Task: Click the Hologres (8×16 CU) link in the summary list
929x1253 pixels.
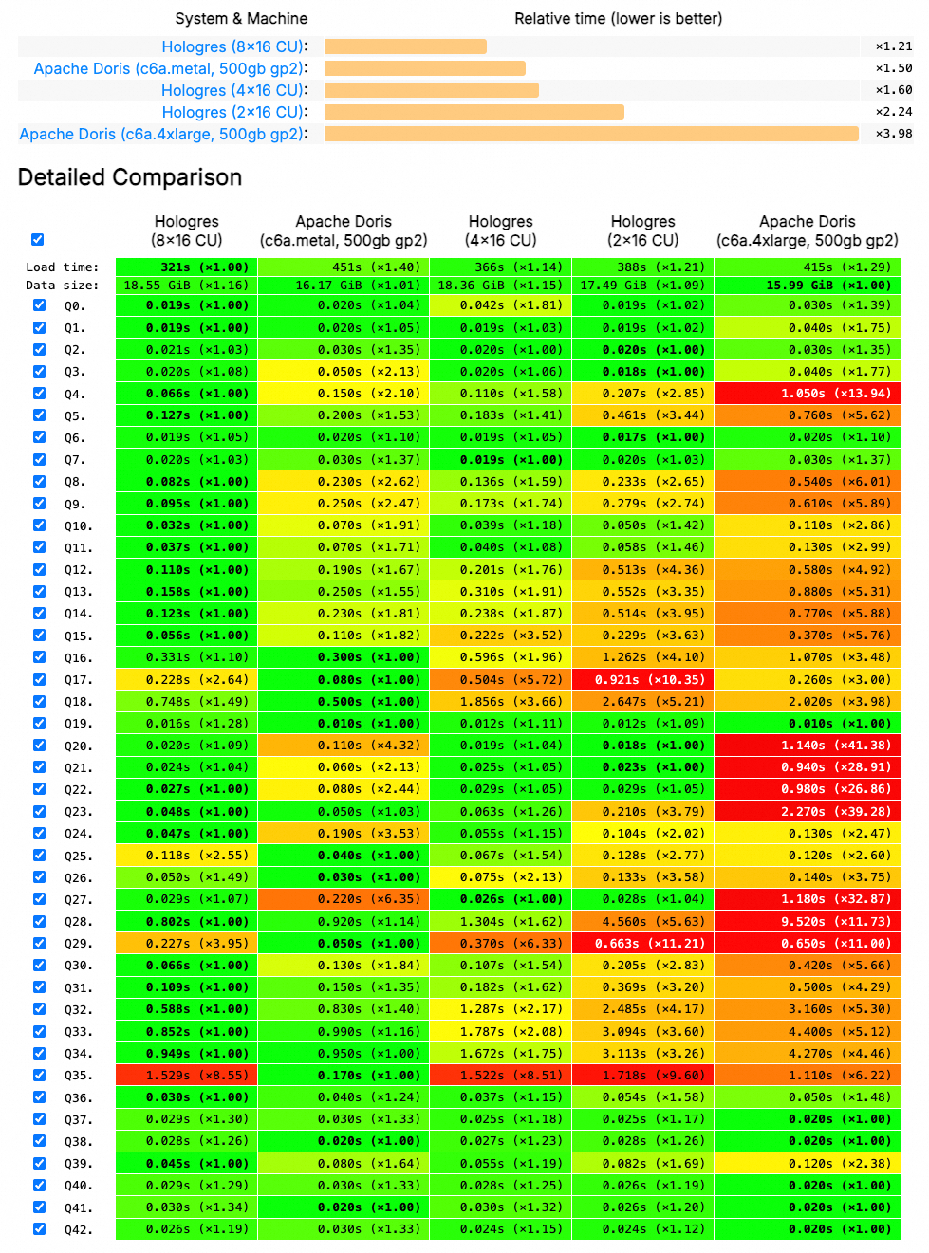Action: click(233, 46)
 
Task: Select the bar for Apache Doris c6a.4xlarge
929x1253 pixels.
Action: click(591, 134)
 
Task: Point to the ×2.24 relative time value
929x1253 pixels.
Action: click(893, 112)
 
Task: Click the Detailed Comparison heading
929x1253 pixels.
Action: click(130, 177)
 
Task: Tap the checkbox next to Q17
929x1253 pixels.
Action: click(39, 679)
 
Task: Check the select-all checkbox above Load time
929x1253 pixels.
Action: click(37, 239)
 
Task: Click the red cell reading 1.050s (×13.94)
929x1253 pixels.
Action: click(807, 394)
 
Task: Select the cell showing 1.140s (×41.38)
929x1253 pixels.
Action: click(807, 746)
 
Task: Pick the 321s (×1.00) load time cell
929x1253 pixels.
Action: click(187, 267)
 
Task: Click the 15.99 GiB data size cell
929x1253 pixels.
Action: click(807, 286)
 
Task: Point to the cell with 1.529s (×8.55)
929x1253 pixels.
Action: click(187, 1076)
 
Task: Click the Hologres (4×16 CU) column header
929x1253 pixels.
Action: click(500, 230)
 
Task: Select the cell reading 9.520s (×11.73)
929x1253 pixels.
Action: click(807, 922)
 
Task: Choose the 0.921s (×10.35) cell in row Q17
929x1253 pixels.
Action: click(642, 680)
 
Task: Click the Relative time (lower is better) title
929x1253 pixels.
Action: click(618, 18)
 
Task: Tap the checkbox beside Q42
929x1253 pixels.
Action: click(39, 1228)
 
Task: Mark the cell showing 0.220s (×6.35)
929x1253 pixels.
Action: click(344, 899)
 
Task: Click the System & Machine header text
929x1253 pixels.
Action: click(241, 18)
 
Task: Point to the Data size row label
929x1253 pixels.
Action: click(62, 286)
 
